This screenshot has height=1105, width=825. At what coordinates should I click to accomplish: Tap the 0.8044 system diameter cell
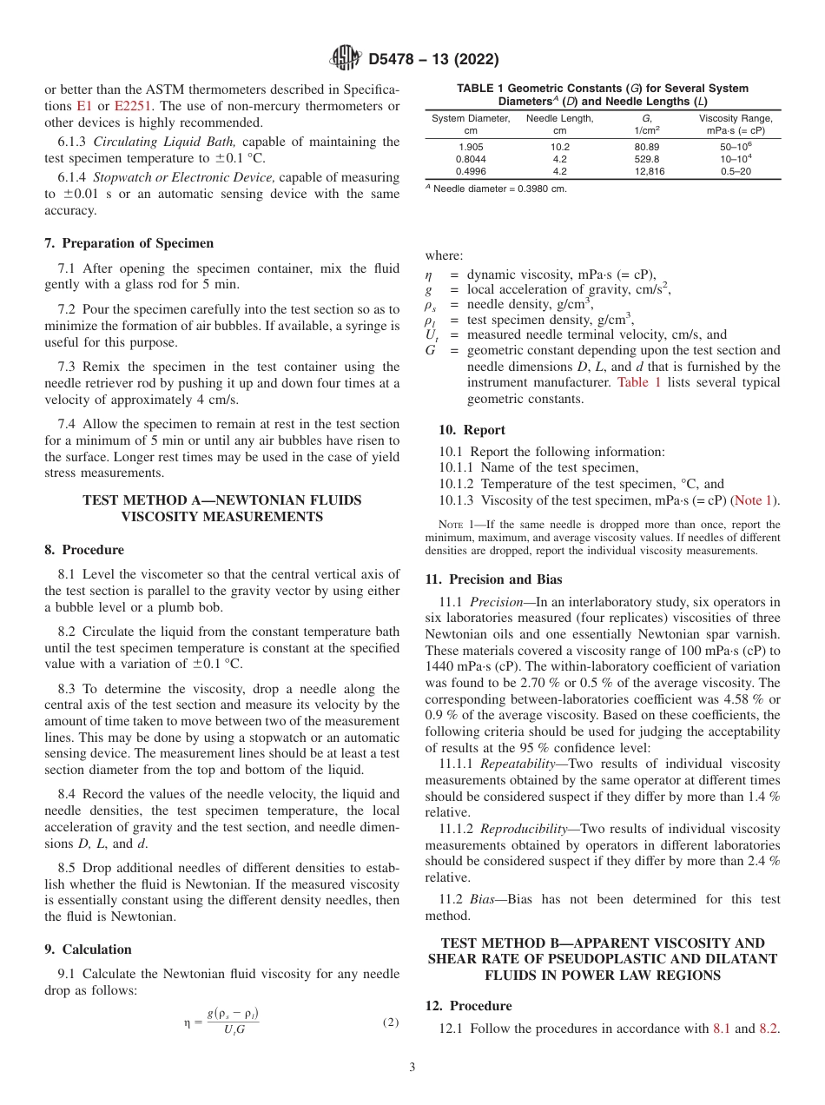(472, 159)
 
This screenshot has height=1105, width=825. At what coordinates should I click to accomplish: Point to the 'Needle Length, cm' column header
(559, 123)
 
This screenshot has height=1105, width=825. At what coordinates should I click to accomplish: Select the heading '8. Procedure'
(84, 550)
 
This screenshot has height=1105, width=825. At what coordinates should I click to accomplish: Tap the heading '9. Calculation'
(88, 950)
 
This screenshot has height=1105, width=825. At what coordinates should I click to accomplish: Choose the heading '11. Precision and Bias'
(493, 579)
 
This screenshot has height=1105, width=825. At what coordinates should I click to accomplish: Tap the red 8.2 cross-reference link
(768, 1029)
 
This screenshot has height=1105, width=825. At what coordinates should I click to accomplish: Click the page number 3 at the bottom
(412, 1068)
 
